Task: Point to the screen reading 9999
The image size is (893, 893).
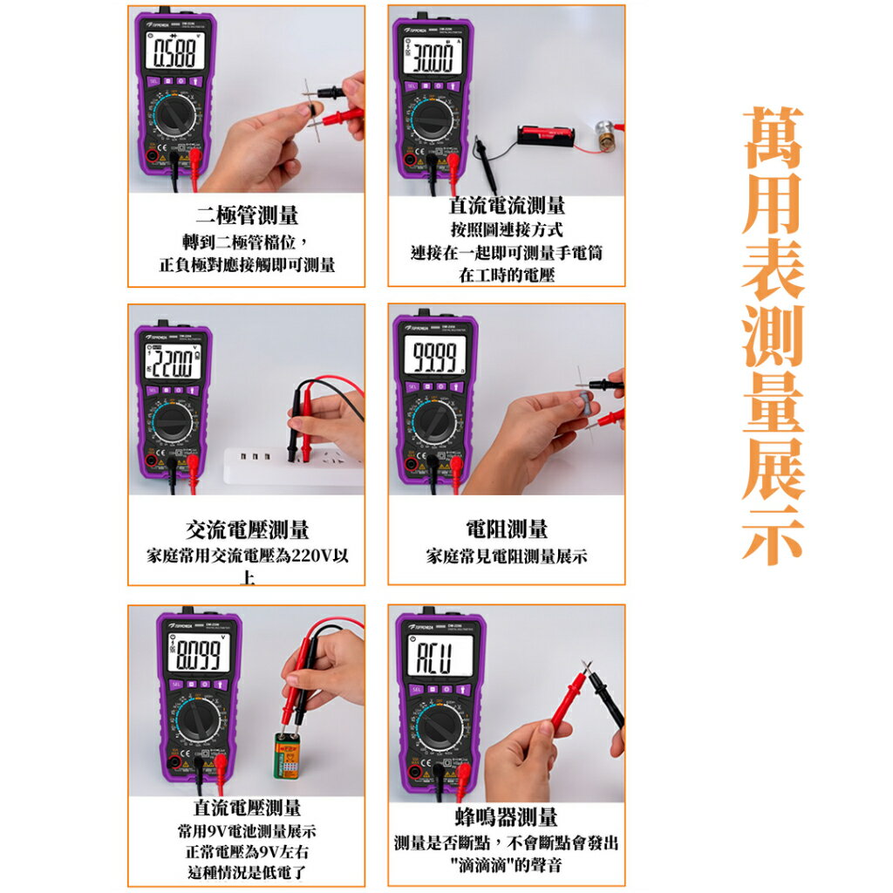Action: (434, 357)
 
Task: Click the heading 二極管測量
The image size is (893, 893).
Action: (247, 215)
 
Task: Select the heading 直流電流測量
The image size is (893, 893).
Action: (507, 206)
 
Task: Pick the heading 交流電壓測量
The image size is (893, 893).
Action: (248, 529)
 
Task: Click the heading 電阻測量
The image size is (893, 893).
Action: (507, 528)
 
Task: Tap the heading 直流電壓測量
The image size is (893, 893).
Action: (248, 808)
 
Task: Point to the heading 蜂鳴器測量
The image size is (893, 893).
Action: (507, 817)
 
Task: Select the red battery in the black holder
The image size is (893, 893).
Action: (546, 133)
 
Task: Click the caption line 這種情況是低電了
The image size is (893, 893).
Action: (248, 872)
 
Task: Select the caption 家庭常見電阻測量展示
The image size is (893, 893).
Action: (507, 556)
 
